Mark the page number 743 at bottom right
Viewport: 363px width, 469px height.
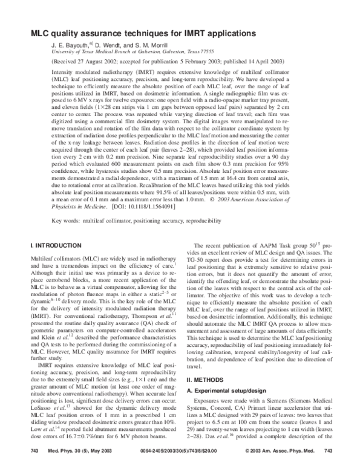[x=329, y=451]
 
